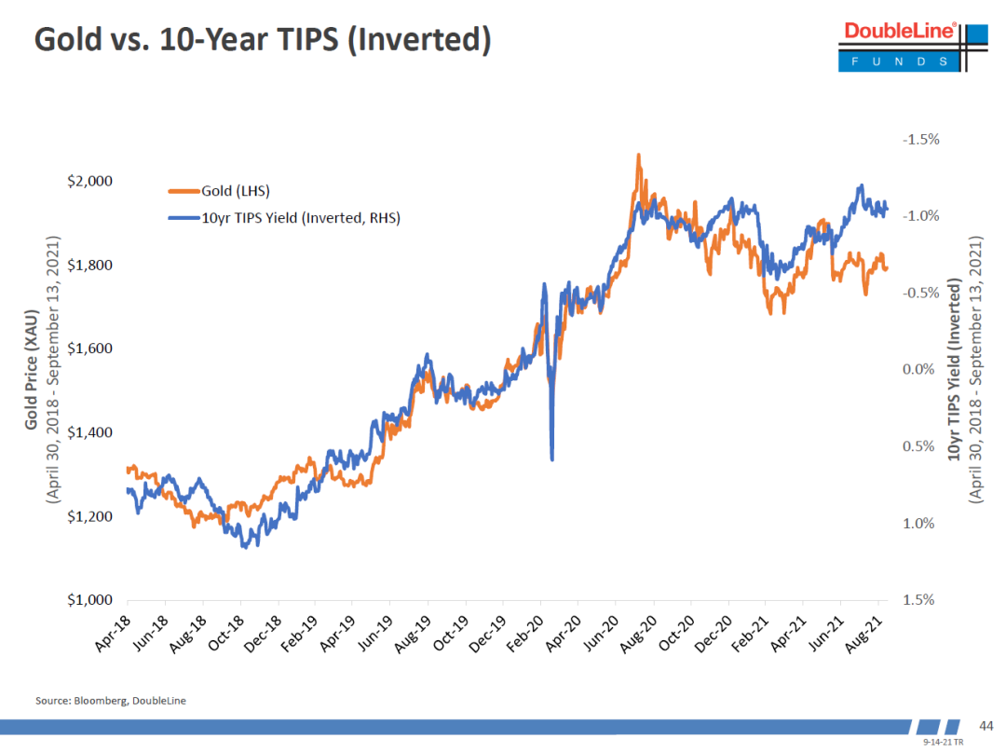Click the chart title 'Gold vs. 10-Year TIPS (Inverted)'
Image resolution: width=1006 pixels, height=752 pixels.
262,41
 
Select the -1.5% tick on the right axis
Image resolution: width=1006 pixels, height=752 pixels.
920,139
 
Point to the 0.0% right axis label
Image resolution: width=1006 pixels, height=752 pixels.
923,370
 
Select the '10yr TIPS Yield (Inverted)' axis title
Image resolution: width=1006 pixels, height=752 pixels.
955,370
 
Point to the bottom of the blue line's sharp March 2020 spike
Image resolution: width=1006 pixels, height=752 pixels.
552,458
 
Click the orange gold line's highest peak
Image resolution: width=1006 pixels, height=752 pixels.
638,155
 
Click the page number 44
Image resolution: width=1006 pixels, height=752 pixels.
985,726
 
